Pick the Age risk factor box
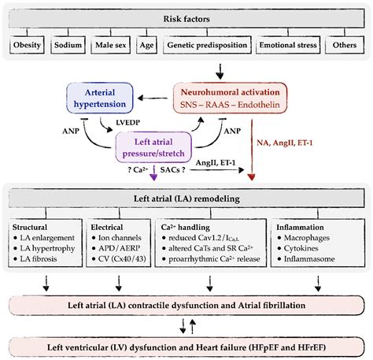[146, 46]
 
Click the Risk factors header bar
[186, 18]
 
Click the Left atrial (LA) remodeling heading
[186, 199]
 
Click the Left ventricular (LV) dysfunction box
[186, 343]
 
